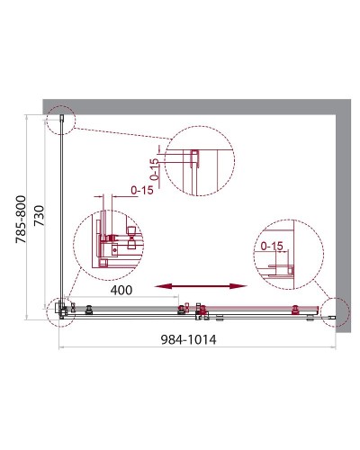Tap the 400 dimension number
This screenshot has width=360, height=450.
pyautogui.click(x=121, y=291)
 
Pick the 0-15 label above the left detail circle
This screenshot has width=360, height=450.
pyautogui.click(x=143, y=191)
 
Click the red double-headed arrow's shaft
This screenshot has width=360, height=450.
pyautogui.click(x=199, y=286)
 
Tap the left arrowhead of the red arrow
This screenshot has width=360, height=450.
pyautogui.click(x=160, y=286)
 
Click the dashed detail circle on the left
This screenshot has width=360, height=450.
pyautogui.click(x=114, y=242)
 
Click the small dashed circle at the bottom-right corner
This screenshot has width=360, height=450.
pyautogui.click(x=335, y=310)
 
